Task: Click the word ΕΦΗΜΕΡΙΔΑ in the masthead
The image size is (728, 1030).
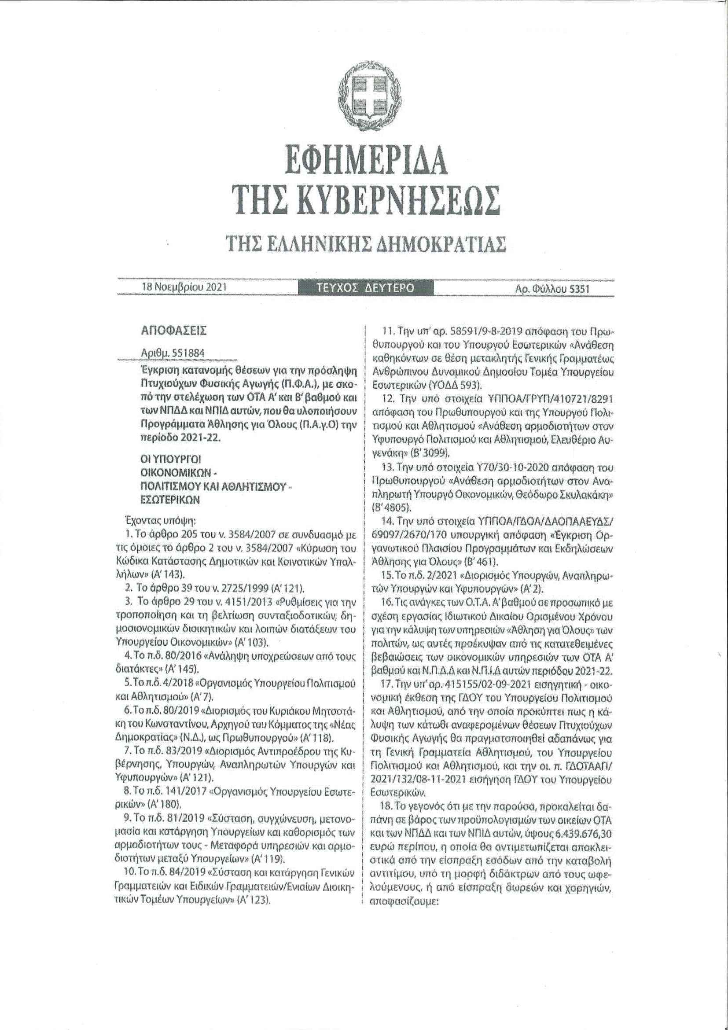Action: [x=364, y=166]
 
